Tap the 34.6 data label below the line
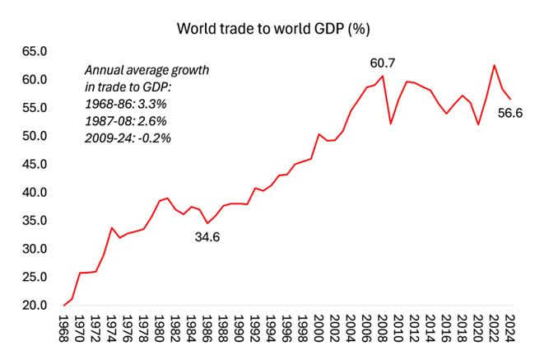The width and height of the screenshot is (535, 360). [208, 237]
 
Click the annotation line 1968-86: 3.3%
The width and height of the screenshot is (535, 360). [126, 104]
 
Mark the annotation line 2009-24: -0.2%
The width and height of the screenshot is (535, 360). [128, 138]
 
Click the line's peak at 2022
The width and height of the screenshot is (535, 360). [494, 65]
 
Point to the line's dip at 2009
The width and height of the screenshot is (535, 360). [390, 124]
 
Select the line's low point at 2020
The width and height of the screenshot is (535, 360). [478, 124]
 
